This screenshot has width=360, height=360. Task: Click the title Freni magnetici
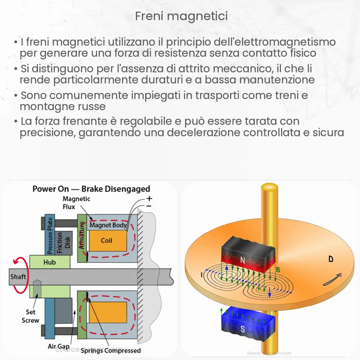point(181,16)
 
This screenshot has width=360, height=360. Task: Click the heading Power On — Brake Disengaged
point(91,189)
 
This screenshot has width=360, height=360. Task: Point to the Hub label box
point(49,262)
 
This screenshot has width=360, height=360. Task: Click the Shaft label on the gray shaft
point(18,276)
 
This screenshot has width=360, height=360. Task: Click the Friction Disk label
point(64,242)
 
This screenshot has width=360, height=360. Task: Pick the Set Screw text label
point(30,316)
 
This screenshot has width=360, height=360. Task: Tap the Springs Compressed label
point(111,350)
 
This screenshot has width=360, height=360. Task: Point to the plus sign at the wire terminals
point(149,198)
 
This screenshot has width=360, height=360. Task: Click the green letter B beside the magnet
point(278,269)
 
